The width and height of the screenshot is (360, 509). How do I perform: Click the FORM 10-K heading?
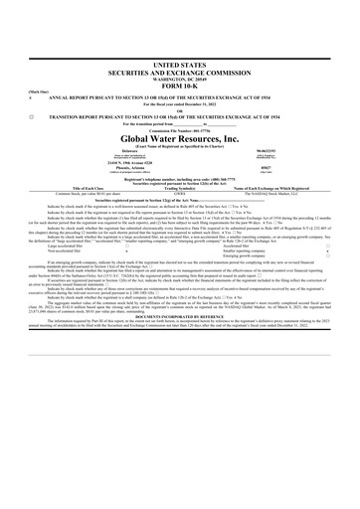(179, 88)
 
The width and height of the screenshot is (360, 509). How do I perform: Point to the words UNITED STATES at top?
(179, 63)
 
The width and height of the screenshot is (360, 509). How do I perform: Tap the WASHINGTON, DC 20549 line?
(179, 79)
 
